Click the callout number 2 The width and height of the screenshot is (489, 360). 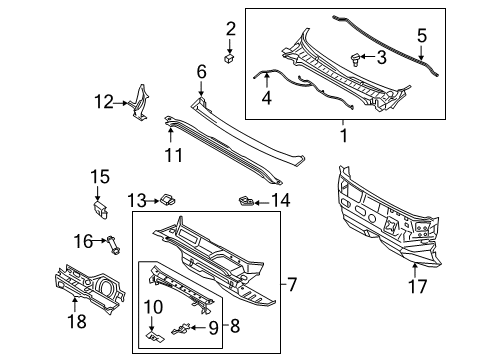[230, 28]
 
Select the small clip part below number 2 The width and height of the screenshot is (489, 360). [230, 59]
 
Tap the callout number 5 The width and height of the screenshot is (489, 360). [422, 37]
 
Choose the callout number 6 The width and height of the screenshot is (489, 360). [201, 71]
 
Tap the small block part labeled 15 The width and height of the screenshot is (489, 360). [102, 207]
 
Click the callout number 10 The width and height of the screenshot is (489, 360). [153, 305]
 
